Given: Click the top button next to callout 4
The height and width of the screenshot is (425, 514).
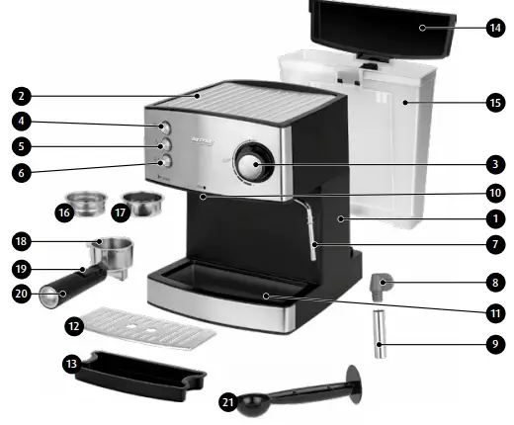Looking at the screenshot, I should coord(164,127).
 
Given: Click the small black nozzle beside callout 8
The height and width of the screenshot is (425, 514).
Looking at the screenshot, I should coord(379,287).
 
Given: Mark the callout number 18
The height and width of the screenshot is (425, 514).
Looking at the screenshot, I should coord(22,241).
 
